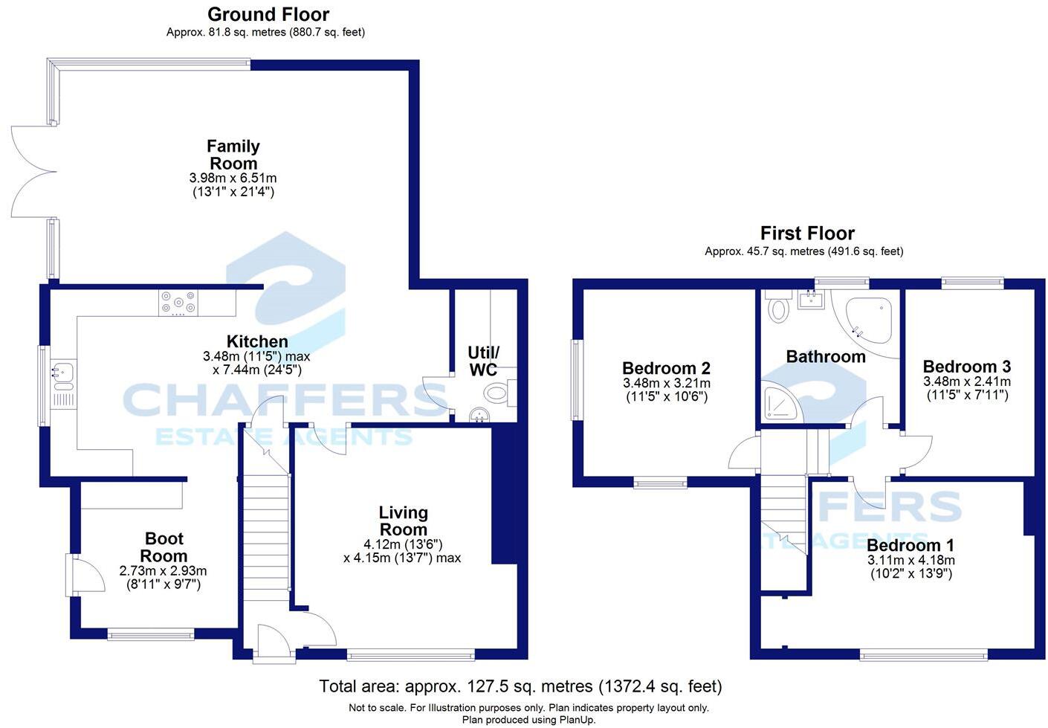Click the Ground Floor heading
pos(268,15)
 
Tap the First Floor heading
pos(807,233)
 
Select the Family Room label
pos(233,155)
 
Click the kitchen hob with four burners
pos(178,303)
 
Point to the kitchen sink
pos(62,376)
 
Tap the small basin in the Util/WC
pos(479,415)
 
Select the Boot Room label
pos(164,547)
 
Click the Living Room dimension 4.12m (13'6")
pos(403,544)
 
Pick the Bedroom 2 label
pos(666,368)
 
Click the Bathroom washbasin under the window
pos(811,299)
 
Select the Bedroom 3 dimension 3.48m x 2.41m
pos(966,381)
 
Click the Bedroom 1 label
pos(910,545)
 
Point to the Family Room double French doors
pos(33,172)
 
